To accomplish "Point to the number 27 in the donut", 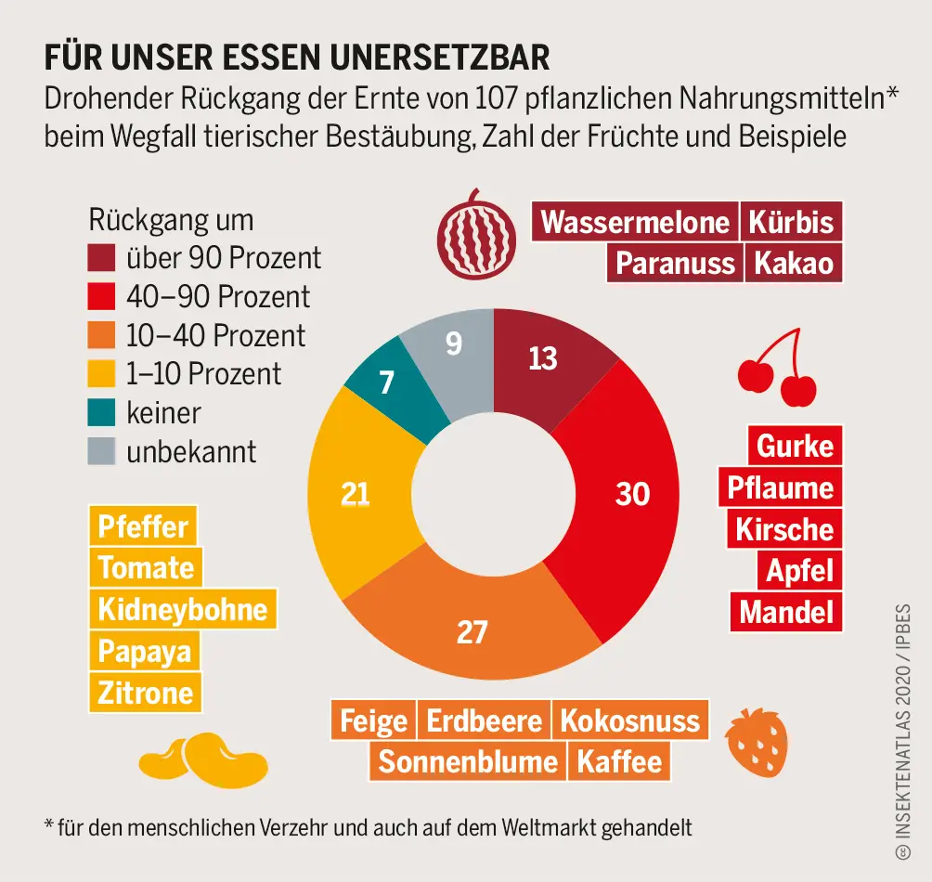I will point(472,632).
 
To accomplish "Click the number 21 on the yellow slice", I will point(355,494).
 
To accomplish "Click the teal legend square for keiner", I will point(102,412).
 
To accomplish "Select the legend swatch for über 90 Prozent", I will point(102,256).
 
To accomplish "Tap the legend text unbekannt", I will point(191,452).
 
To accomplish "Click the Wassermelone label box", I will point(636,223).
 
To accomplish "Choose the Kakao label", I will point(793,264).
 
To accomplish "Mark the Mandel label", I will point(786,613).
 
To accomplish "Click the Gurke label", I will point(795,447).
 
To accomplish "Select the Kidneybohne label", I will point(183,610).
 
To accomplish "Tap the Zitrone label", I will point(146,693).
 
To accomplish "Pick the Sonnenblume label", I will point(468,762).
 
